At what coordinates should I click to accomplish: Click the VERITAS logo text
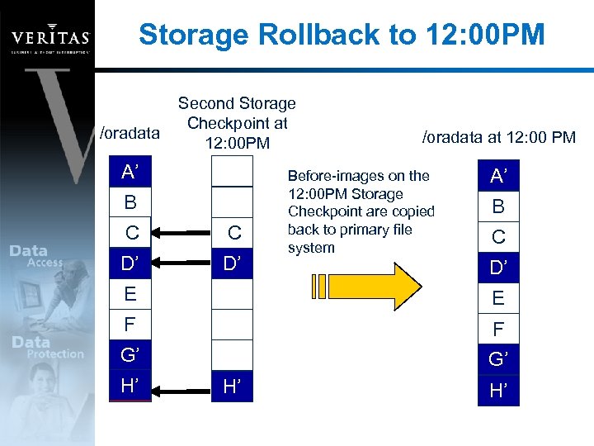(x=49, y=37)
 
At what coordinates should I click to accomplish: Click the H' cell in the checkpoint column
(x=233, y=386)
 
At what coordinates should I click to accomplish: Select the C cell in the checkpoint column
(x=233, y=233)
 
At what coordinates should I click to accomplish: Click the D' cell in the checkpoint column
(x=233, y=263)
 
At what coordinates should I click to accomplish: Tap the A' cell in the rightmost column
(x=498, y=175)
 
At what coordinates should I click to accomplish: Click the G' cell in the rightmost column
(x=498, y=359)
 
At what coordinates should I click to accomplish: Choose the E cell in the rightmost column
(x=498, y=298)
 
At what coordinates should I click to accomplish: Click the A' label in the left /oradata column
(x=130, y=172)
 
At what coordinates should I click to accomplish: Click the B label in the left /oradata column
(x=130, y=202)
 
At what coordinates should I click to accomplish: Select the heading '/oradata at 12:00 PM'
(x=498, y=137)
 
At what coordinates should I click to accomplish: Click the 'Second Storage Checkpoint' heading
(x=237, y=113)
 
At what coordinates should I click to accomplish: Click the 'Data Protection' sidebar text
(x=47, y=348)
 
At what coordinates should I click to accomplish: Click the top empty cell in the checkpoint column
(x=233, y=171)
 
